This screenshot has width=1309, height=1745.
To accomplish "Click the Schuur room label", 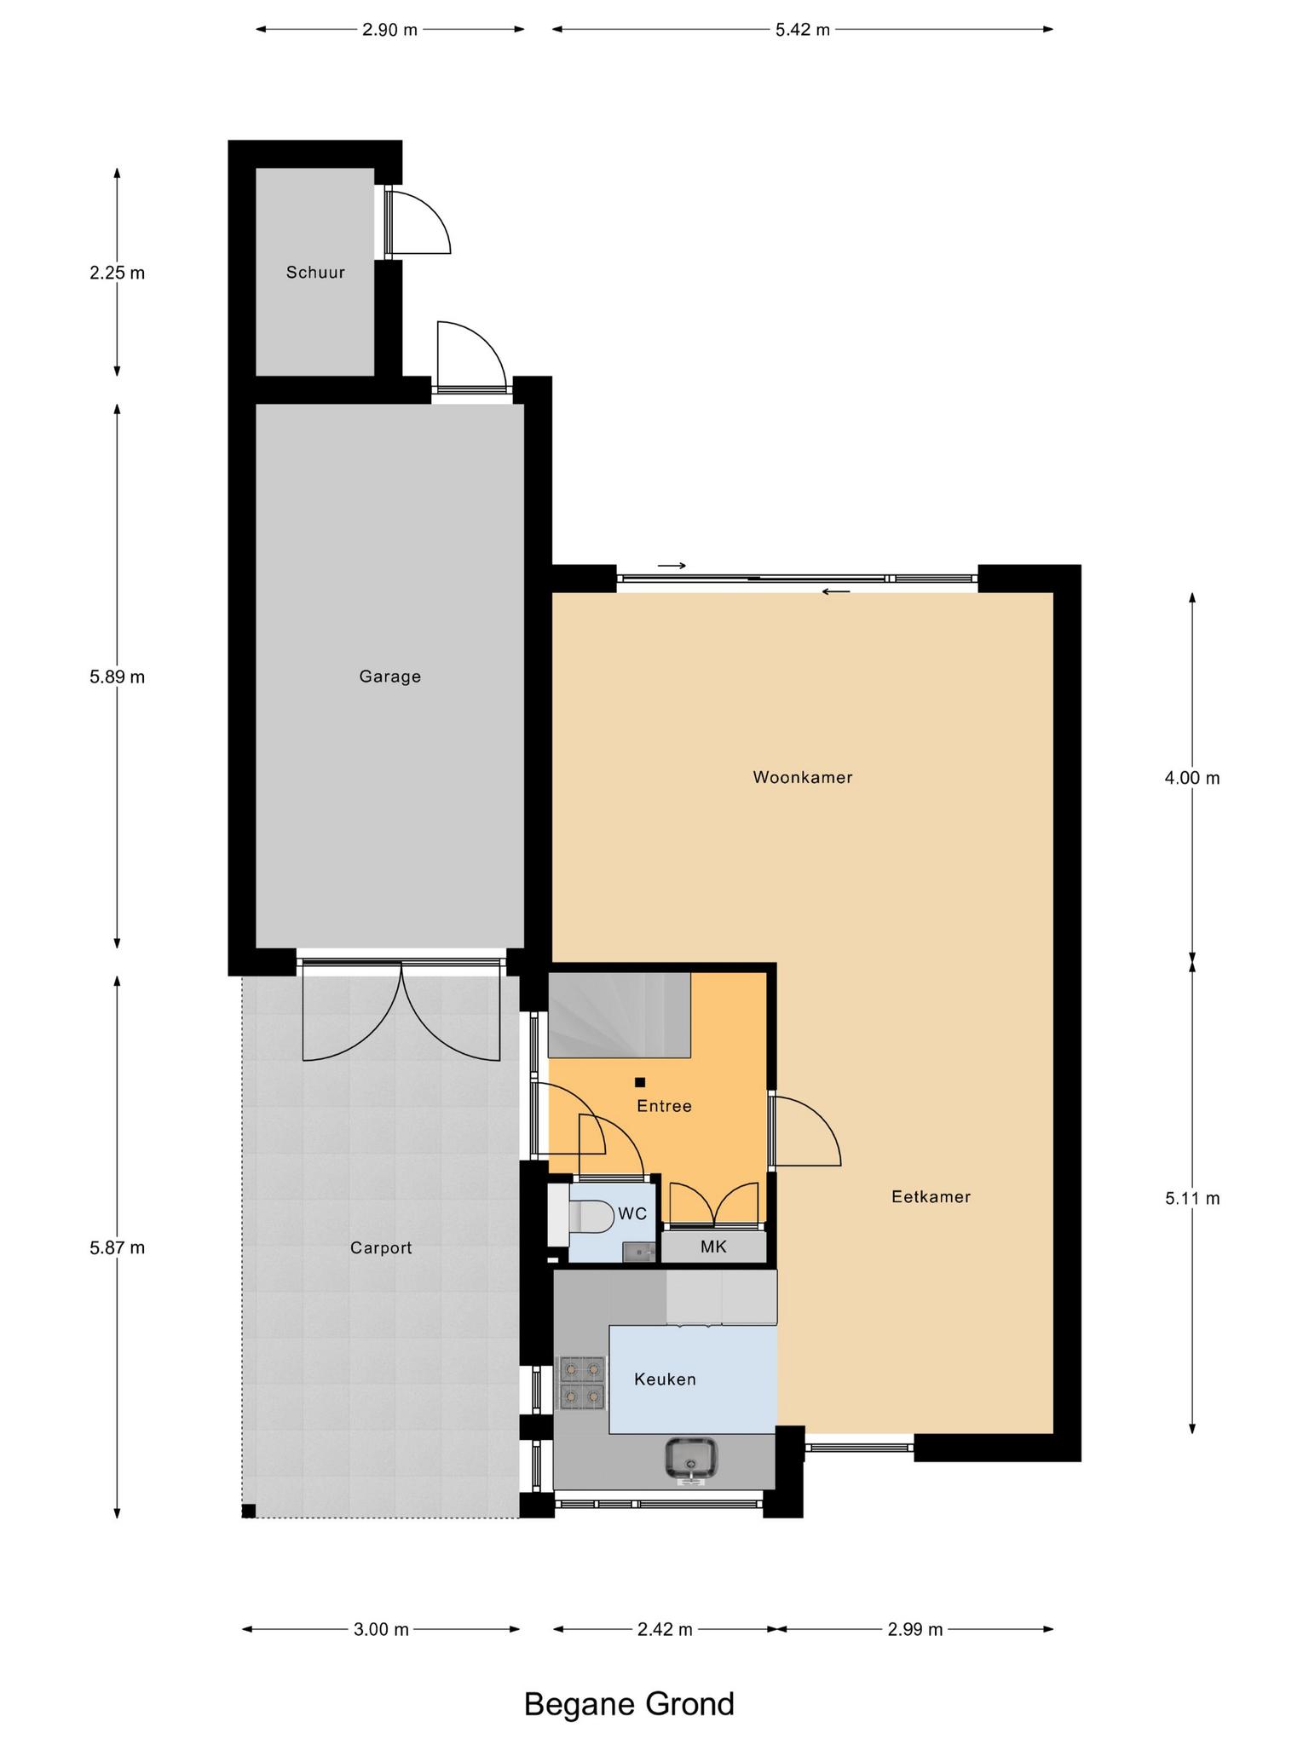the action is pyautogui.click(x=315, y=273).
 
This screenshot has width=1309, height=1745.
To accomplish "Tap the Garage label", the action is pyautogui.click(x=389, y=677).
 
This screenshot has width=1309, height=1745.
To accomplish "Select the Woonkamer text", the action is pyautogui.click(x=803, y=777).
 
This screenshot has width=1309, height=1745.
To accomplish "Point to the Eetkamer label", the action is pyautogui.click(x=931, y=1196).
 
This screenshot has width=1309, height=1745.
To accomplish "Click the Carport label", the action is pyautogui.click(x=381, y=1248).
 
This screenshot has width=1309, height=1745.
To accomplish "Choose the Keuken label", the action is pyautogui.click(x=665, y=1379).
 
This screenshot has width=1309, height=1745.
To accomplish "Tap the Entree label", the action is pyautogui.click(x=665, y=1106).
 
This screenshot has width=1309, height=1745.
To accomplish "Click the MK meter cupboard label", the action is pyautogui.click(x=713, y=1247).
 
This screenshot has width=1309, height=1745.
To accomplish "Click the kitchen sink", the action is pyautogui.click(x=691, y=1458).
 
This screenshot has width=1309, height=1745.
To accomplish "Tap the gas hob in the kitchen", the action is pyautogui.click(x=582, y=1382).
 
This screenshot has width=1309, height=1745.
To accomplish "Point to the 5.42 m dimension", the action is pyautogui.click(x=803, y=30).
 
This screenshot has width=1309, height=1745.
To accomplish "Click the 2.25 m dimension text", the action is pyautogui.click(x=118, y=273).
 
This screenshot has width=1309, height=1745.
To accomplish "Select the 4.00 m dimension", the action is pyautogui.click(x=1192, y=777).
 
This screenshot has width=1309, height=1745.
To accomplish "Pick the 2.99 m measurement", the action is pyautogui.click(x=915, y=1629).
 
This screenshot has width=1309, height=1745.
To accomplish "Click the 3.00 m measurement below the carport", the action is pyautogui.click(x=381, y=1629).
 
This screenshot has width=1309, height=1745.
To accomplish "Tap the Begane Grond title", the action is pyautogui.click(x=629, y=1703).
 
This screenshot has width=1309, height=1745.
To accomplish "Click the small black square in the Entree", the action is pyautogui.click(x=640, y=1082).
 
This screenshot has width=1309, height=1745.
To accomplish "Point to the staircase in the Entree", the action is pyautogui.click(x=619, y=1015).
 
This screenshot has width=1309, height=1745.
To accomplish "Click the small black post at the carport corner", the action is pyautogui.click(x=249, y=1511).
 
